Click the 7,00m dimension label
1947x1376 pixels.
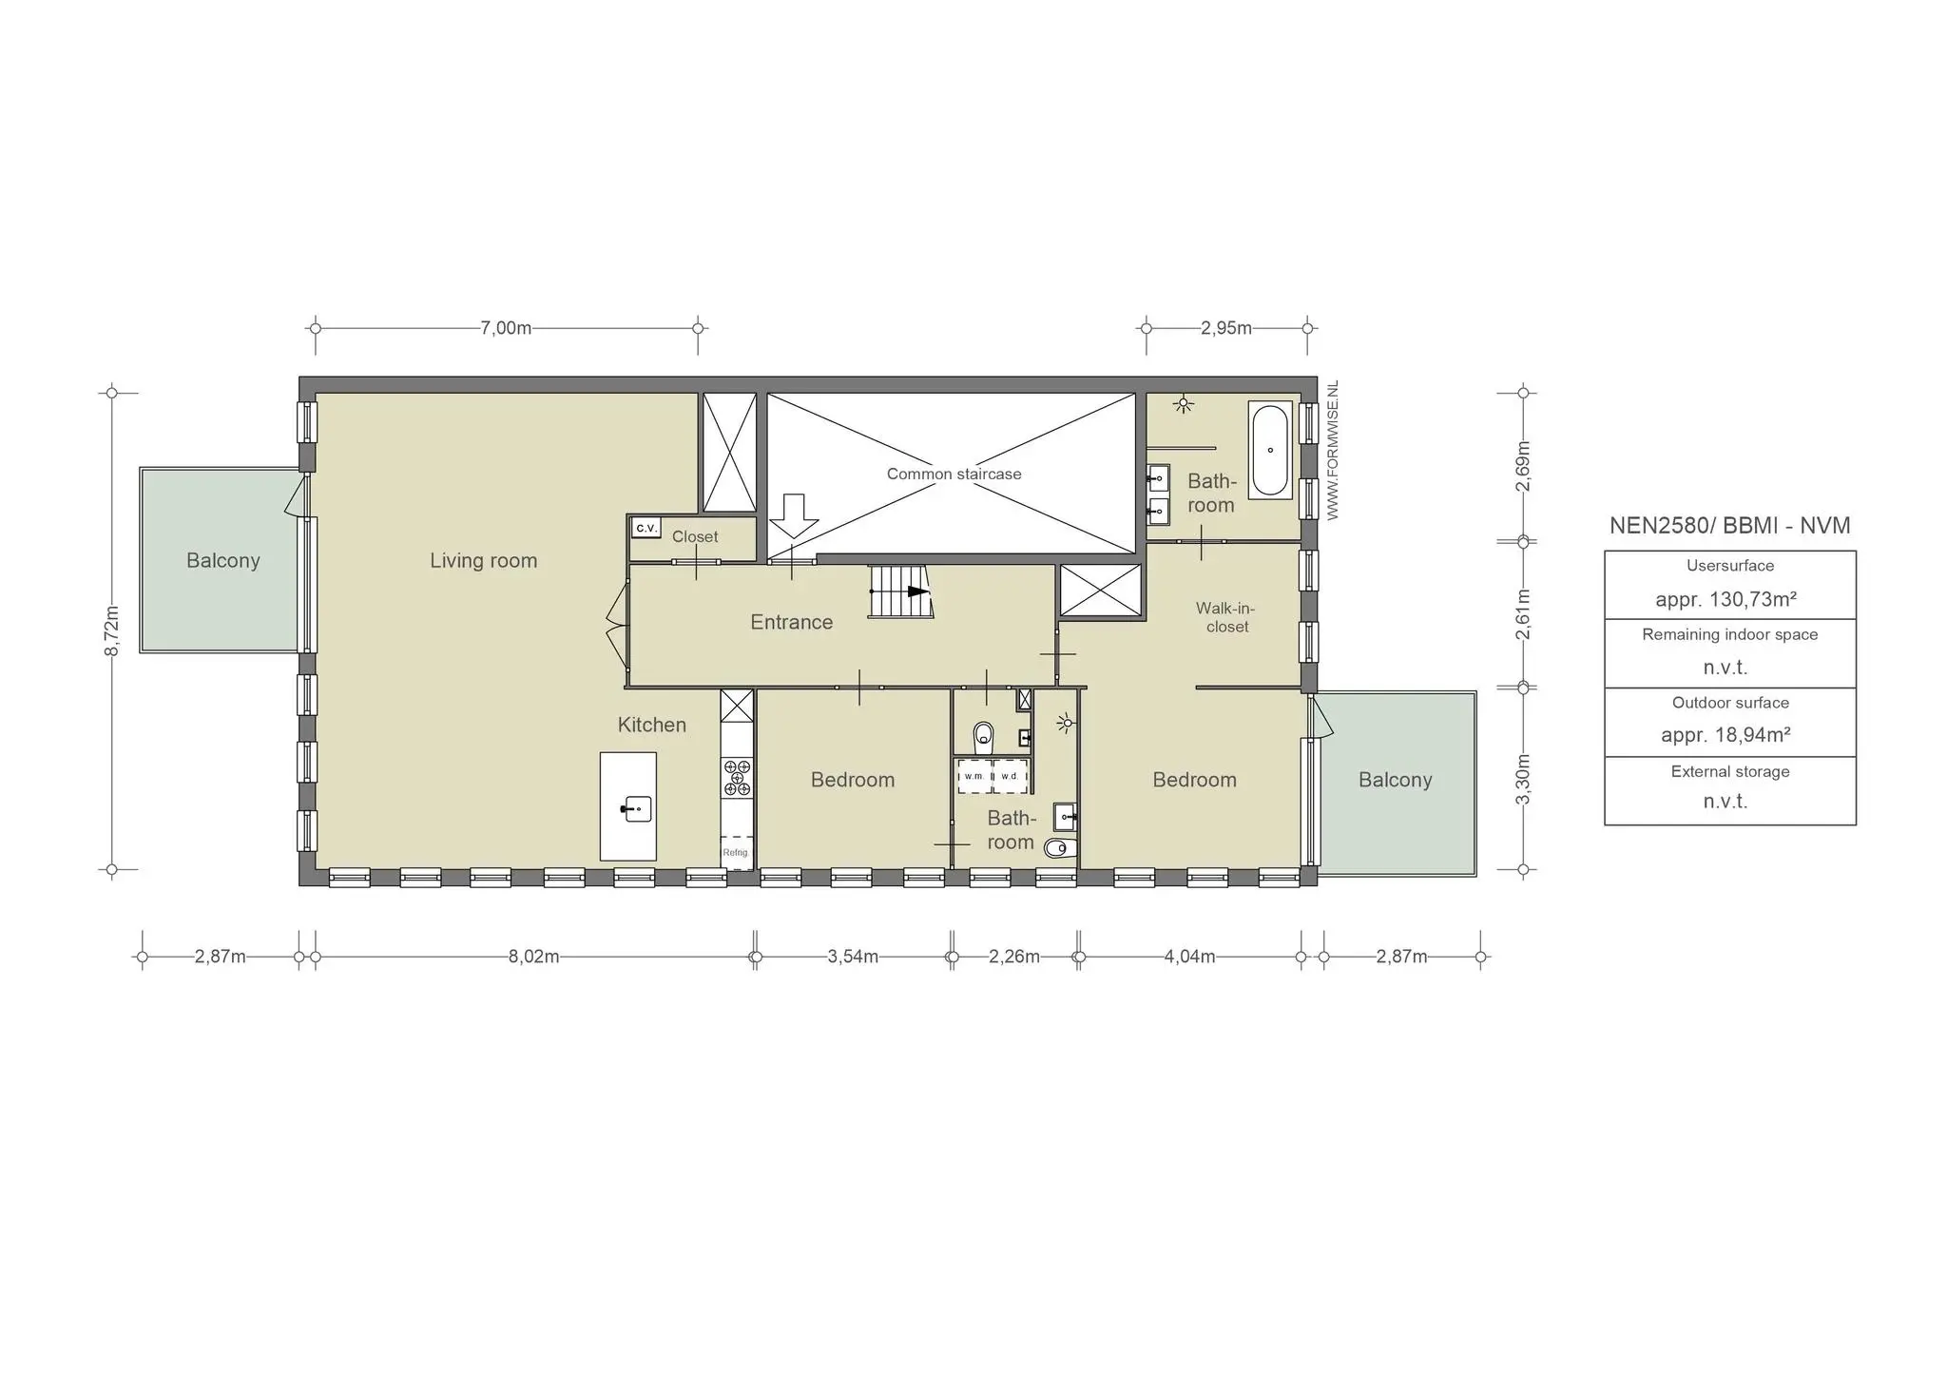pos(506,328)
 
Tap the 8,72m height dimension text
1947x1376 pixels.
pos(112,630)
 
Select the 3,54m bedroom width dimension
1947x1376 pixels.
pos(853,957)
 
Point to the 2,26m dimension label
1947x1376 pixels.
pos(1014,957)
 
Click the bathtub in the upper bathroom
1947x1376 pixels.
pos(1270,451)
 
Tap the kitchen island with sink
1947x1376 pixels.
pos(628,806)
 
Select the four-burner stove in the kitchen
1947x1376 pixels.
pos(737,777)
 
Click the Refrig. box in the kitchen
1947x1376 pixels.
pos(736,853)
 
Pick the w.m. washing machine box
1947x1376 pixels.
pos(974,776)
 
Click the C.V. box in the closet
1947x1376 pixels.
pos(646,528)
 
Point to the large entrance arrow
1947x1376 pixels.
pos(794,516)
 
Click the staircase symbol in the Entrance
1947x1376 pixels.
pos(899,591)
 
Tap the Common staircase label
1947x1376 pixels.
pos(954,474)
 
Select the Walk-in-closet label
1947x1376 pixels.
pos(1226,617)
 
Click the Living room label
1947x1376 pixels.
pos(483,561)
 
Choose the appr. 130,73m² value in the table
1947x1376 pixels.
pos(1725,599)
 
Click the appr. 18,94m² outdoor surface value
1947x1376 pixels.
pos(1725,735)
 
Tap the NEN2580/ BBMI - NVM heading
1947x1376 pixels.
pos(1729,526)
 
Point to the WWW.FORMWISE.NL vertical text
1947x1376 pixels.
pos(1333,451)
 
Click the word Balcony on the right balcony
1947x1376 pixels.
pos(1395,780)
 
